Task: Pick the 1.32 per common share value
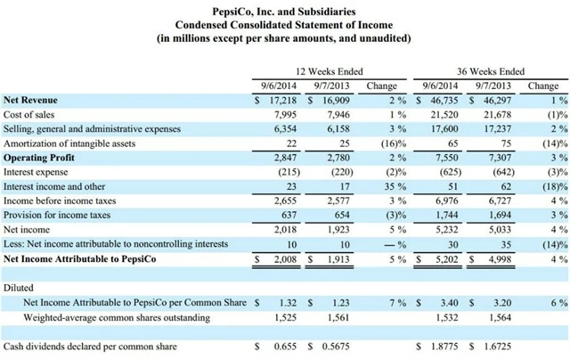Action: point(284,304)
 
